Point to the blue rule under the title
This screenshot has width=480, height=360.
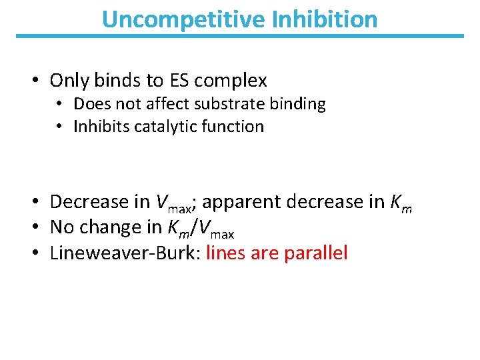(x=239, y=36)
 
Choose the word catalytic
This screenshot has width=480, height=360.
(x=164, y=126)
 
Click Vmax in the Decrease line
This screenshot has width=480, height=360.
(x=173, y=203)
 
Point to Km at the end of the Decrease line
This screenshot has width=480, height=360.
(x=400, y=203)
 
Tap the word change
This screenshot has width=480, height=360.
(x=111, y=227)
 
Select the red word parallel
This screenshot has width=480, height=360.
(x=315, y=253)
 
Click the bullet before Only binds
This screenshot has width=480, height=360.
(x=33, y=81)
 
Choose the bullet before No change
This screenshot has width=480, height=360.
(x=33, y=227)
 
